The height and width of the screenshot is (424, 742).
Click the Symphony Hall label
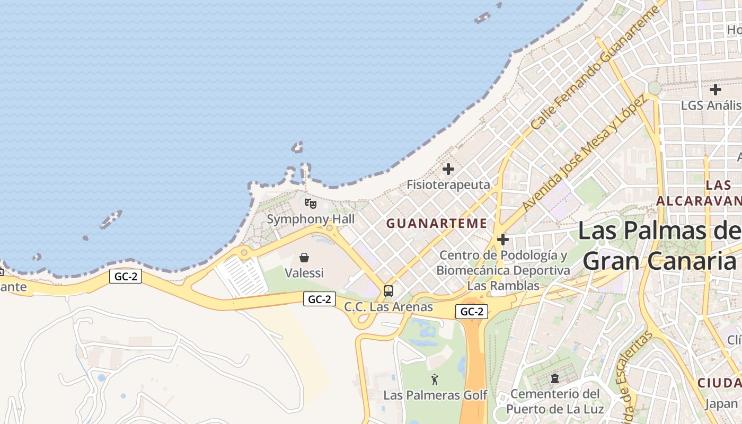click(311, 219)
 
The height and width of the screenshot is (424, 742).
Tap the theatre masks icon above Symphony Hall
click(311, 203)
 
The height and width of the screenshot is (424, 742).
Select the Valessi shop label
click(304, 273)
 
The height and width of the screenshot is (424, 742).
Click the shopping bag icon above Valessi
click(304, 258)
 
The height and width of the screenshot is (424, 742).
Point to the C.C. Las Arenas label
click(388, 307)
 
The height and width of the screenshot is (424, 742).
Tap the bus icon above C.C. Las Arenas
click(388, 290)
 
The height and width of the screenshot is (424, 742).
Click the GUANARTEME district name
click(436, 224)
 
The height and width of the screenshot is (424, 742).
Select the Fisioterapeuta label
click(448, 185)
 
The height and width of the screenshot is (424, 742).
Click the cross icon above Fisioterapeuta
click(448, 169)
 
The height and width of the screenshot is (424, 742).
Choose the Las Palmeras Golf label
click(435, 395)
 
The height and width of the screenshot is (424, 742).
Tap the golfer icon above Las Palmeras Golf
click(435, 379)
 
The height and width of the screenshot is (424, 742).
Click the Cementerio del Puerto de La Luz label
click(555, 401)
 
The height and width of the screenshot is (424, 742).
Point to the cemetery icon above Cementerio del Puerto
click(555, 378)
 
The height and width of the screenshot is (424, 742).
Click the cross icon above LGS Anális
click(715, 89)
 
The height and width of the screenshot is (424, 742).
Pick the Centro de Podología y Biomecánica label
click(503, 270)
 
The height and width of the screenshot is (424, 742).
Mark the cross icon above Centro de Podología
click(503, 240)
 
